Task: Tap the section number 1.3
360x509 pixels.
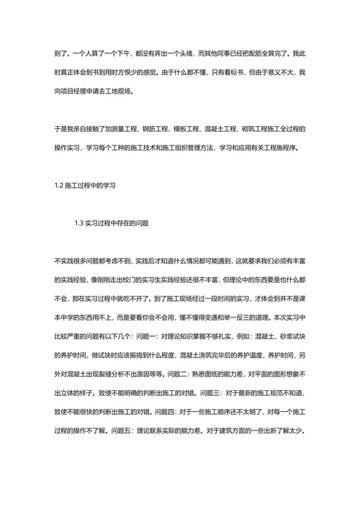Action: click(80, 222)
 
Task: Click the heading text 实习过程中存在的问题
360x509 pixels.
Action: click(118, 222)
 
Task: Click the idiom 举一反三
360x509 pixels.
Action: click(241, 297)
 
